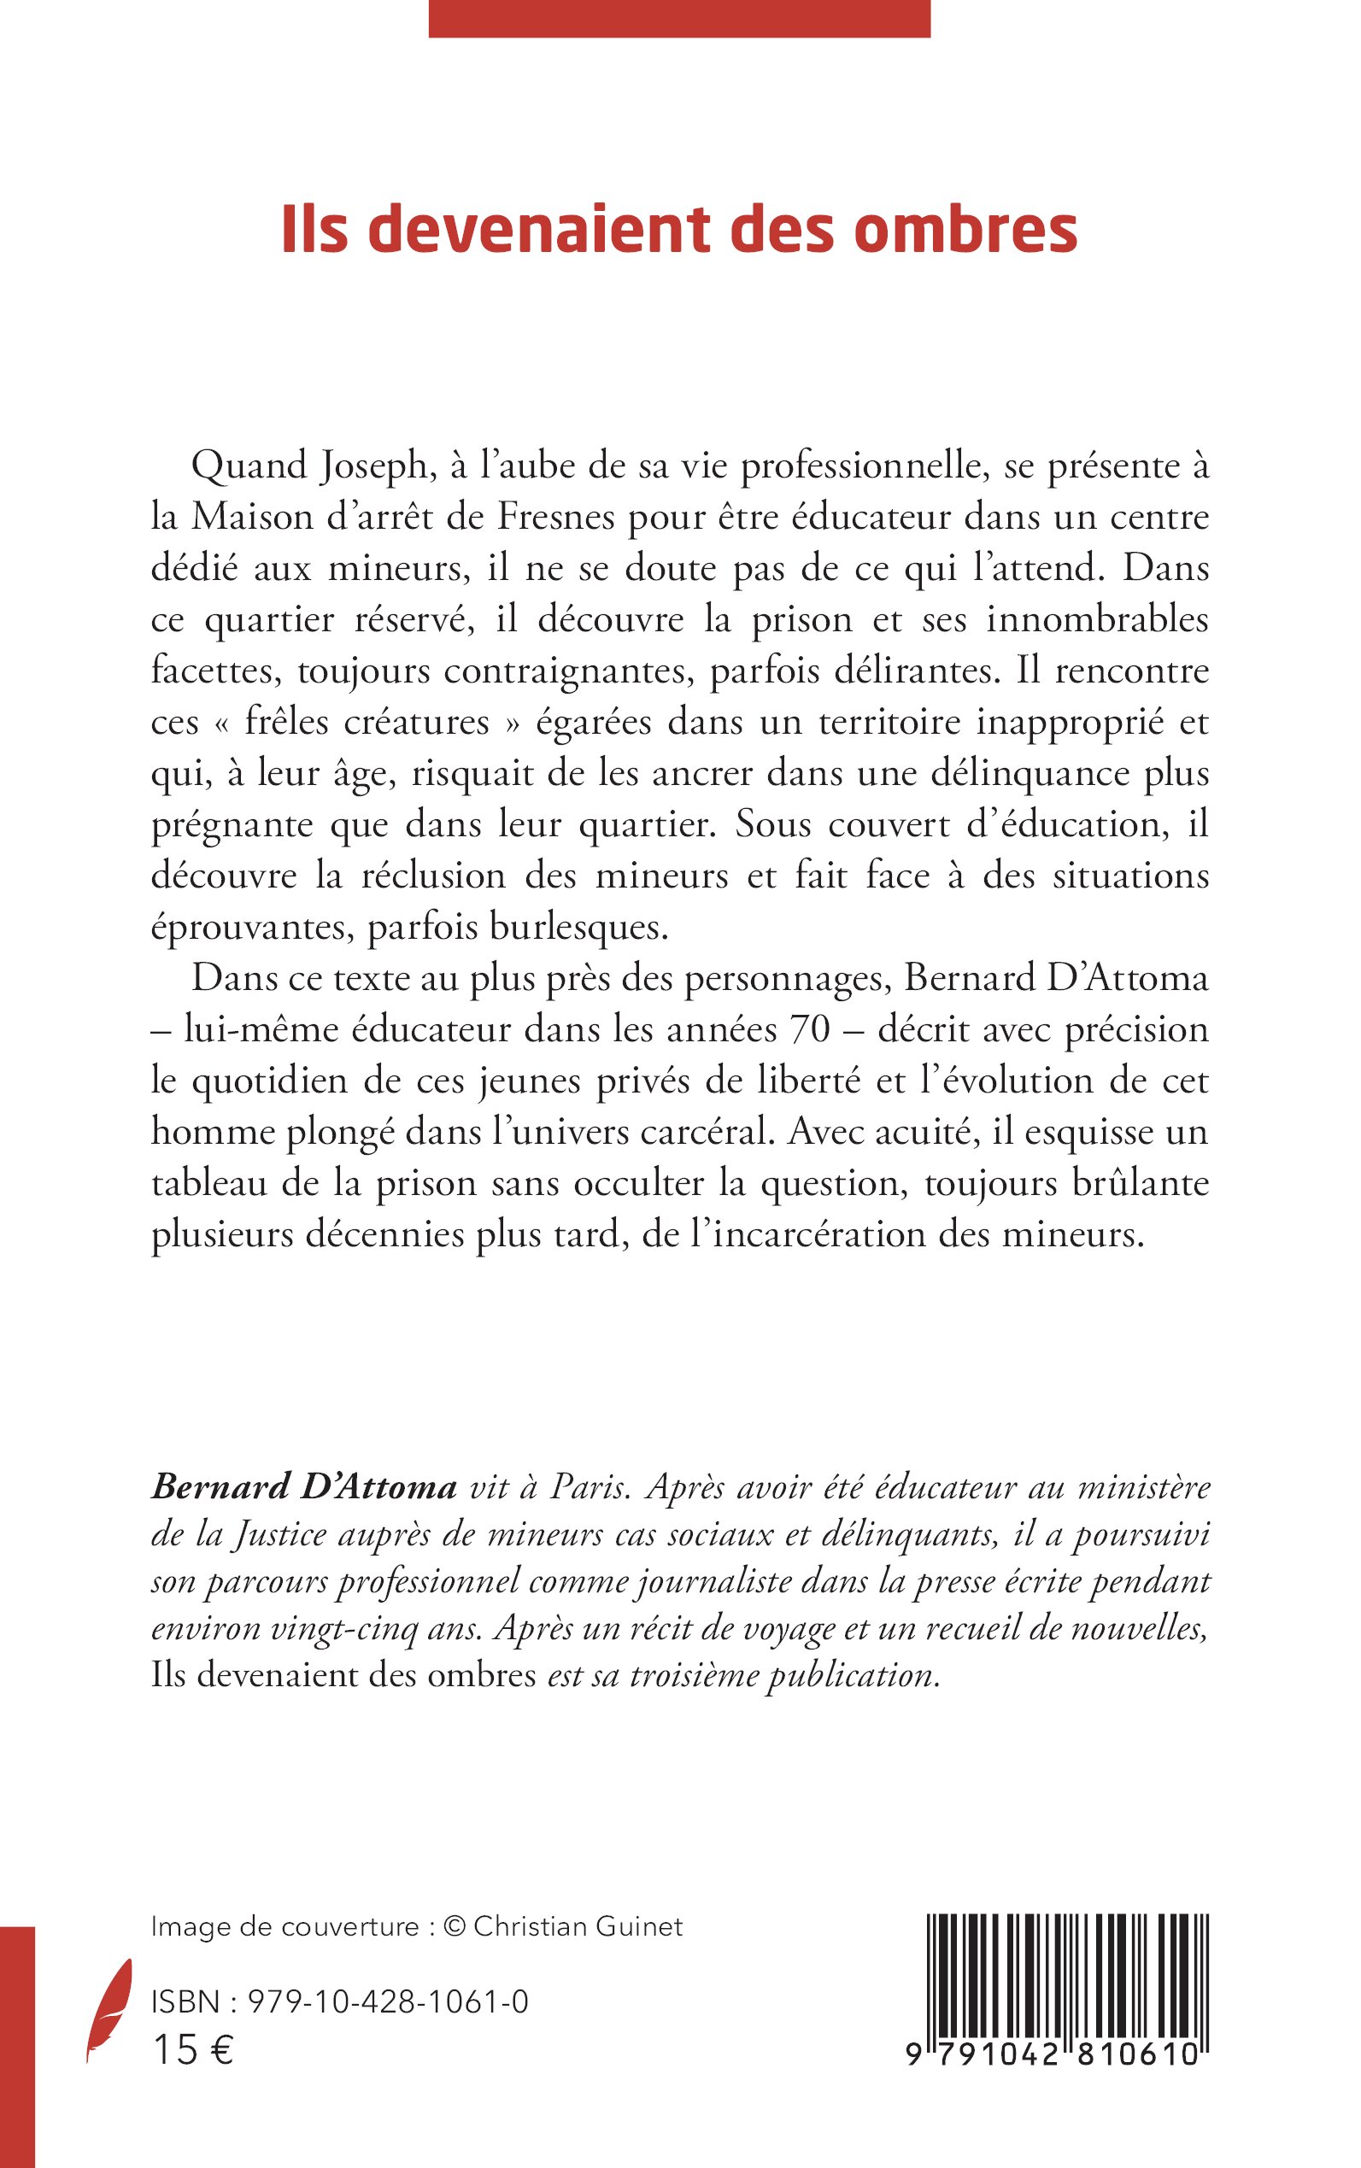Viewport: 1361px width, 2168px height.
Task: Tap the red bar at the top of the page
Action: coord(678,18)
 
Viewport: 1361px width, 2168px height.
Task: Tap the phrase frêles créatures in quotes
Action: coord(367,724)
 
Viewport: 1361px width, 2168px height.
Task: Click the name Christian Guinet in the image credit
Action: coord(578,1927)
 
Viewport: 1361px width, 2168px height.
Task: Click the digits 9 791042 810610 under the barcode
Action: coord(1053,2053)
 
